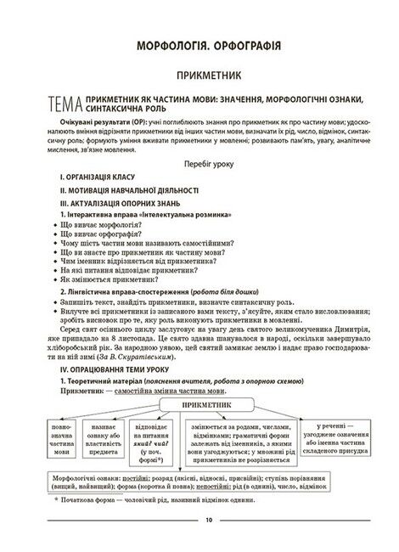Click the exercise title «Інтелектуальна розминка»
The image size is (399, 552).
tap(173, 216)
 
